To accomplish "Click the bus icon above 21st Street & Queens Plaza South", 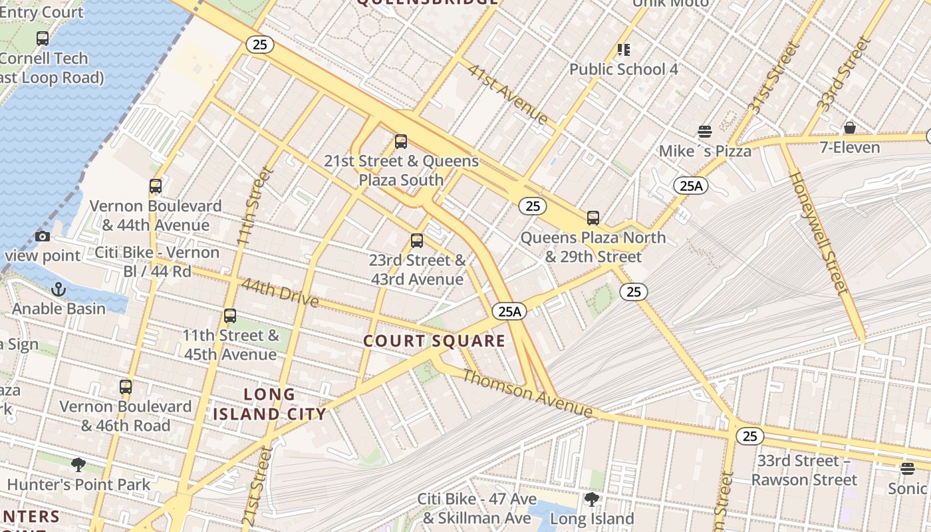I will coord(400,142).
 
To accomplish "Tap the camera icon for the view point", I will coord(43,236).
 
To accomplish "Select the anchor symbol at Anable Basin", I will coord(59,289).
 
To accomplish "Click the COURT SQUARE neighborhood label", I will coord(434,341).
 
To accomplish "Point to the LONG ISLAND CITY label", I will coord(269,404).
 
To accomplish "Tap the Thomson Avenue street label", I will coord(527,394).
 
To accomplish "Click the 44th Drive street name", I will coord(279,293).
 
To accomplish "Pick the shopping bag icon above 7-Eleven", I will coord(849,128).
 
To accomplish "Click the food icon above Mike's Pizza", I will coord(704,132).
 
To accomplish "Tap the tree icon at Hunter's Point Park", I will coord(78,464).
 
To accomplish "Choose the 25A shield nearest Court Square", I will coord(509,311).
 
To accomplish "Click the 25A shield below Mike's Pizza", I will coord(690,186).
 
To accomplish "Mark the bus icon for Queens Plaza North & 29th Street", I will coord(593,218).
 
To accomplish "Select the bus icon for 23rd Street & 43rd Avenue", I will coord(417,241).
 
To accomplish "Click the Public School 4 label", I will coord(623,69).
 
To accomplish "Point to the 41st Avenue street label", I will coord(507,94).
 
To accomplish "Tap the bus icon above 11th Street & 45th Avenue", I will coord(230,316).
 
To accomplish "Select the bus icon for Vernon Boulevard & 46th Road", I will coord(126,387).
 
